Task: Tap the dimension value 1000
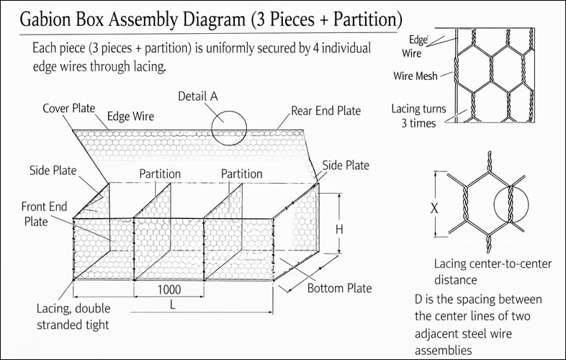point(166,289)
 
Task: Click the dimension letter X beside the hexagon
point(434,208)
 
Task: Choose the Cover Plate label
point(69,108)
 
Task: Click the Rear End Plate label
point(326,111)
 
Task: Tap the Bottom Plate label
point(340,289)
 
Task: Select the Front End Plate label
point(44,214)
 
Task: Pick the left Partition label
point(160,174)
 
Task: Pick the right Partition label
point(241,174)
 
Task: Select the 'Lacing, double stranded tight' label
point(73,316)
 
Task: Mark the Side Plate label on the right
point(346,165)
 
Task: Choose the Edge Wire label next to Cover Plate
point(130,115)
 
